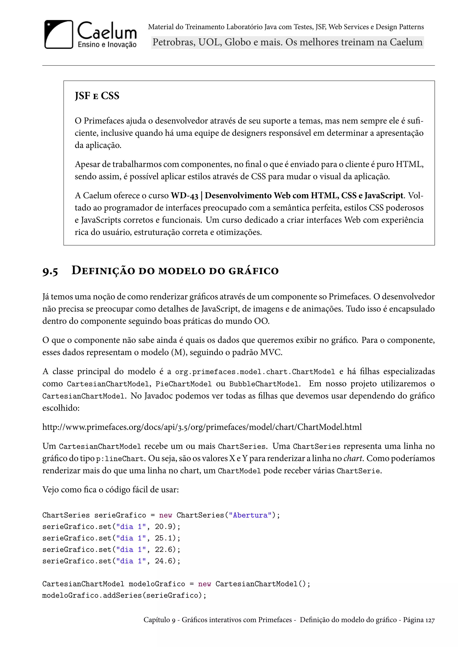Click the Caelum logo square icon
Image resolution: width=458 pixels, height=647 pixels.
(x=59, y=34)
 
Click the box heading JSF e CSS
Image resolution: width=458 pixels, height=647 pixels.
(x=97, y=96)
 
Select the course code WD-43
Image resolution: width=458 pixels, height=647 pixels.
(x=184, y=195)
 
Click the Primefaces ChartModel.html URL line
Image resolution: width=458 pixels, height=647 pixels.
(x=202, y=427)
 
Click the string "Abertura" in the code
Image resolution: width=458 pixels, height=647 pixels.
(x=250, y=515)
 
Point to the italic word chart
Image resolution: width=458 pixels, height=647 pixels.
(x=352, y=458)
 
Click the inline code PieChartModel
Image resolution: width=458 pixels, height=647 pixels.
(x=183, y=384)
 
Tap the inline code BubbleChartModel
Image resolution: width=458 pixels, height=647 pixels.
(x=264, y=384)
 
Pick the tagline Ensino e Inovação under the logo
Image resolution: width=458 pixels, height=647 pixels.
(x=107, y=44)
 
